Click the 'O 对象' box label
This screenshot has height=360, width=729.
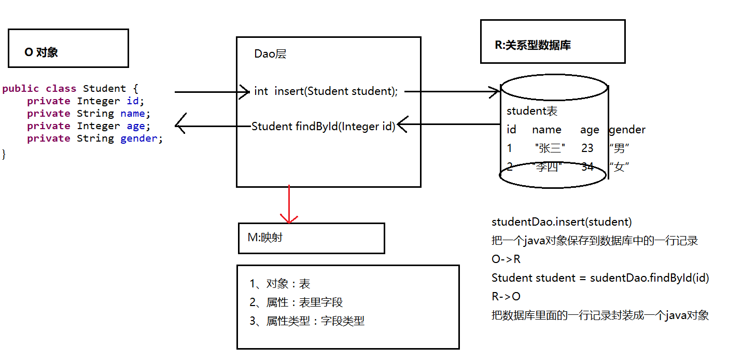[41, 52]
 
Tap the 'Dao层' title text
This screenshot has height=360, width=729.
[270, 54]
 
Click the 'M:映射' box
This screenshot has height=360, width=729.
[311, 238]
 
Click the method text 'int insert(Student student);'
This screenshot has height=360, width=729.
[326, 91]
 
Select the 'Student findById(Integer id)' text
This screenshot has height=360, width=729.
[323, 126]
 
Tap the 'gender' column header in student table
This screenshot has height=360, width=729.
[627, 130]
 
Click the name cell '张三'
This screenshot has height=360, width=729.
[550, 148]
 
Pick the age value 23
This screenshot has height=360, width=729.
[587, 148]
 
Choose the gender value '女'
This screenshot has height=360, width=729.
[619, 167]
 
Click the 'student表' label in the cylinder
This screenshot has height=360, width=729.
[531, 111]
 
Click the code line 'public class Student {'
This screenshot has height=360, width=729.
[70, 89]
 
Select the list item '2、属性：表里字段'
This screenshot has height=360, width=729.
[296, 302]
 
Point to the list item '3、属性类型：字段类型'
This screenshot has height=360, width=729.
[307, 321]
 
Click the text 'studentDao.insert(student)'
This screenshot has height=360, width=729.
[562, 222]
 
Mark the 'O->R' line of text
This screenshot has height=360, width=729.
[506, 259]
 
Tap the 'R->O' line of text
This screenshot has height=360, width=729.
[506, 296]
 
